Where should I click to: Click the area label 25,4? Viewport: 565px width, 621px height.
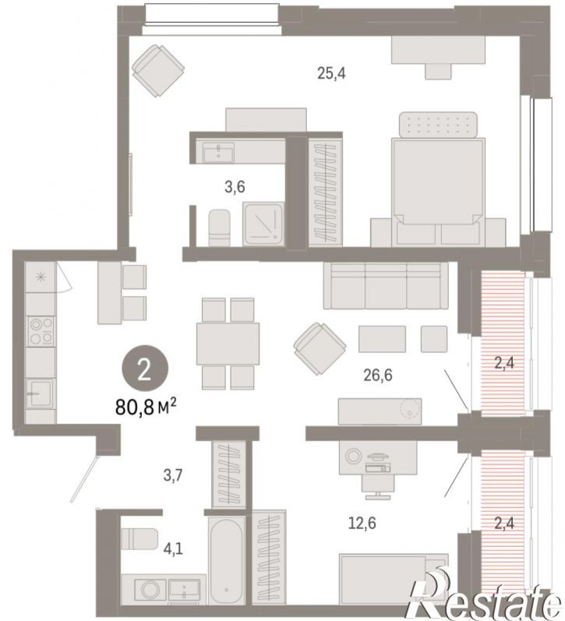coord(331,73)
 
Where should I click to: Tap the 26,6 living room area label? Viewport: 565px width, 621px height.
coord(378,375)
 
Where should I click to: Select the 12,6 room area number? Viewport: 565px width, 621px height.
coord(362,523)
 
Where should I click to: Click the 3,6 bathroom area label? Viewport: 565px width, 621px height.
coord(235,186)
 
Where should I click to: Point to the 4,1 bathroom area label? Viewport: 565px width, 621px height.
coord(173,549)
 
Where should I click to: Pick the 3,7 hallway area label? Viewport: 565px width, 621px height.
coord(173,475)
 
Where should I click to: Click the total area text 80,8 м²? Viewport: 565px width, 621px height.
coord(146,407)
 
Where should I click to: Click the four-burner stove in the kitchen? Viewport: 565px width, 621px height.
coord(41,331)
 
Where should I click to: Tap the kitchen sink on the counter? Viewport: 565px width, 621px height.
coord(40,393)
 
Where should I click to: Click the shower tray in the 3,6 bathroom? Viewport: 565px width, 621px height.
coord(263,224)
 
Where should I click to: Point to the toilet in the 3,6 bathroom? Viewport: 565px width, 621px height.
coord(219,228)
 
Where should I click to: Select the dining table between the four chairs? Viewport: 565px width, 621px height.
coord(228,344)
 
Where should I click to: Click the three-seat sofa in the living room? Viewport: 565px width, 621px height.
coord(386,285)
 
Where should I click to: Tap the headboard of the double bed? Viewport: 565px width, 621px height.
coord(438,125)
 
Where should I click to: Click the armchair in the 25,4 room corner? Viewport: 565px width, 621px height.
coord(158,71)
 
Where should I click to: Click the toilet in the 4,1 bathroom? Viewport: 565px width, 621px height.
coord(139,538)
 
